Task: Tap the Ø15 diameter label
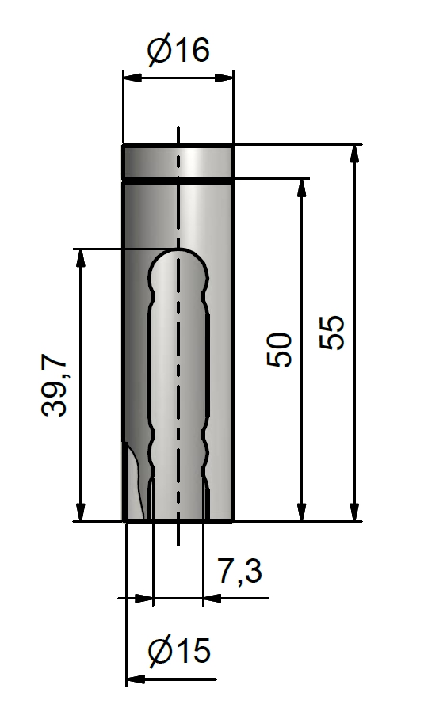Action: (179, 651)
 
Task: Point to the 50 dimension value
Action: (279, 349)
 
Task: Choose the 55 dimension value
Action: (332, 333)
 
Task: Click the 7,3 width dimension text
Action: (239, 572)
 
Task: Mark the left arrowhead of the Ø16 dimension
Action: (132, 78)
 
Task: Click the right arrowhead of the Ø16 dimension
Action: (224, 78)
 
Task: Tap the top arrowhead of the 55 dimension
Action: (354, 154)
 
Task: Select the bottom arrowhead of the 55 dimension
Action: (354, 512)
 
